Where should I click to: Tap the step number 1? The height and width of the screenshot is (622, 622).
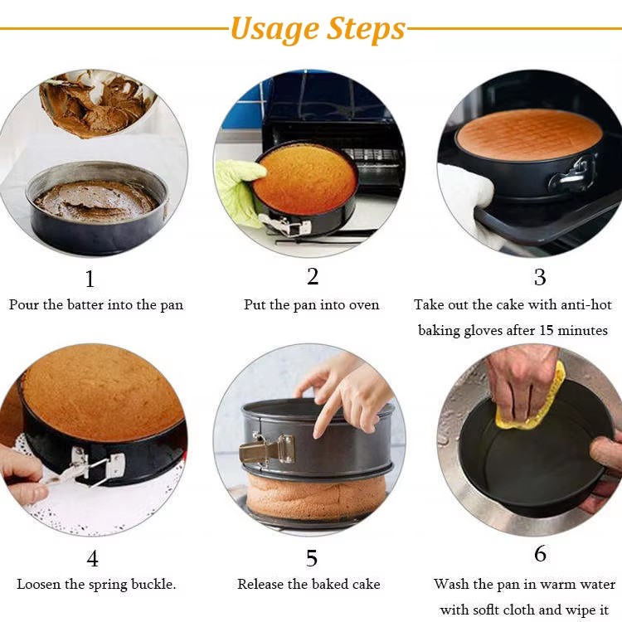point(90,279)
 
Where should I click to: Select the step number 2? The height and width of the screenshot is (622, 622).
point(313,276)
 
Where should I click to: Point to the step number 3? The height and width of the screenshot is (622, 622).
point(540,277)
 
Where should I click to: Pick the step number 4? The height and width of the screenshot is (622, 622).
point(92,558)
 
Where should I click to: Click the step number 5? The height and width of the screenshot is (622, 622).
point(312,558)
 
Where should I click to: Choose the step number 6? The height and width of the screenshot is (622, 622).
point(540,553)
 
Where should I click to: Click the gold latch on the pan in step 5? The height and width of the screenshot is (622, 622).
point(266,449)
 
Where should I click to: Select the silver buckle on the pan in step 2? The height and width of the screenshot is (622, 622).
point(285,225)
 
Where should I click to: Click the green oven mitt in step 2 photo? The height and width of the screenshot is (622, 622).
point(239,192)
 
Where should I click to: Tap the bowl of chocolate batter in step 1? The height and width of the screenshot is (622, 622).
point(97,102)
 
